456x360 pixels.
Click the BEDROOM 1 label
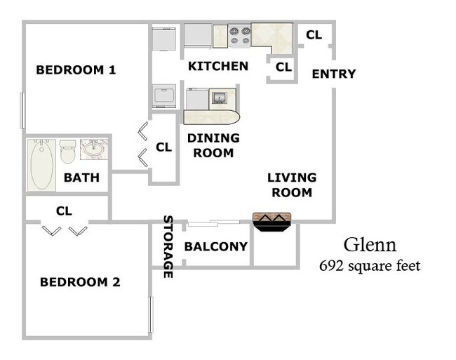point(76,70)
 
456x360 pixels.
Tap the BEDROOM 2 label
point(79,282)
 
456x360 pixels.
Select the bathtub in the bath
point(41,164)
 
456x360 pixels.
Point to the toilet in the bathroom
point(67,152)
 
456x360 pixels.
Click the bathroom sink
point(93,149)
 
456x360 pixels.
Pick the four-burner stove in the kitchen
point(239,35)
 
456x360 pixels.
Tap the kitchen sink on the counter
point(218,98)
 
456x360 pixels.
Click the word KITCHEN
point(218,67)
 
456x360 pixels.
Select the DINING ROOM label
point(213,145)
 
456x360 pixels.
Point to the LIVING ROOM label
point(292,185)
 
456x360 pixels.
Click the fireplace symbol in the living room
point(272,222)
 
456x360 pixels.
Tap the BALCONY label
point(215,247)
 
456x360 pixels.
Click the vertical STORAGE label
point(168,246)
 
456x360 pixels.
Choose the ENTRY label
point(333,74)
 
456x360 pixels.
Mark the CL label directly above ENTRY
point(314,34)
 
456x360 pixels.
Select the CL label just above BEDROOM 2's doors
point(64,210)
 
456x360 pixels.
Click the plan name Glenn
point(370,245)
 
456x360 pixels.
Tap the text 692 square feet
point(370,266)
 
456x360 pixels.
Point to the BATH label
point(81,178)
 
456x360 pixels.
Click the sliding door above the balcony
point(213,223)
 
